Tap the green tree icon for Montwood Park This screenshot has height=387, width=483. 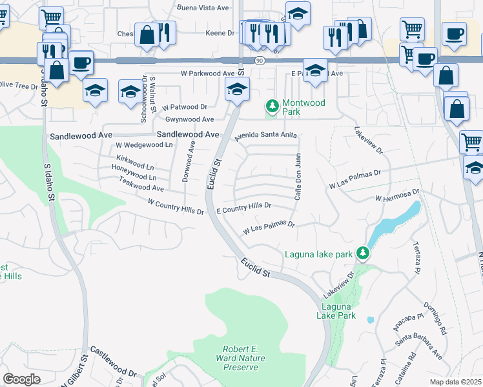click(272, 105)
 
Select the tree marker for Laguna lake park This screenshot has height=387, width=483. click(364, 253)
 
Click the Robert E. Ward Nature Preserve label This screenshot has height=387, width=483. click(240, 358)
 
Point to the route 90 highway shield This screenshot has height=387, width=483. click(259, 60)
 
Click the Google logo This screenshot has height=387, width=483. click(22, 379)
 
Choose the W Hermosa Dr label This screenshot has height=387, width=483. click(397, 195)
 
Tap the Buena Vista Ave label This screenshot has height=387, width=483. click(203, 8)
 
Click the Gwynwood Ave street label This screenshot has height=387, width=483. click(189, 119)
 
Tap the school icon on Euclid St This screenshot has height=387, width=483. click(237, 90)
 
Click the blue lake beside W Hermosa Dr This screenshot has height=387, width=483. click(395, 223)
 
